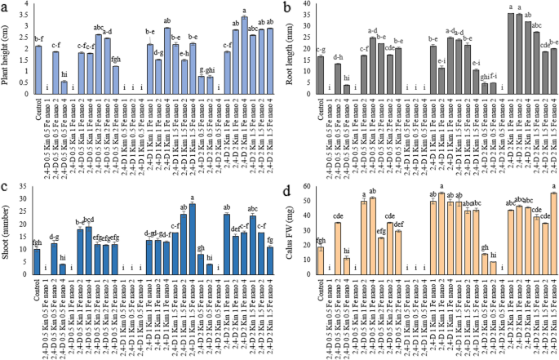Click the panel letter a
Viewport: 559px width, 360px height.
5,8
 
